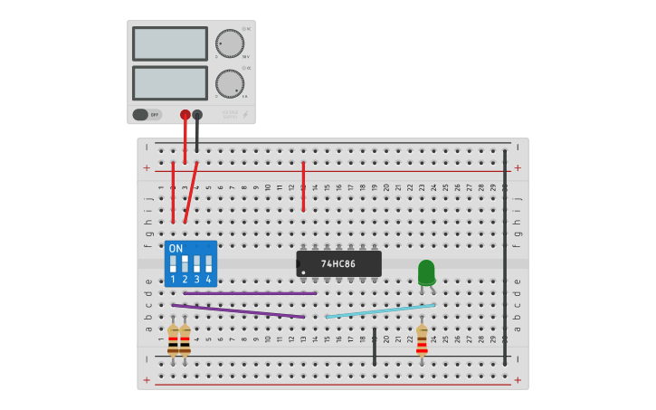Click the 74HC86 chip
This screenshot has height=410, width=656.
click(338, 263)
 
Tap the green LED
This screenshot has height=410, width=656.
click(426, 272)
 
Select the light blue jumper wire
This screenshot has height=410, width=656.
click(380, 310)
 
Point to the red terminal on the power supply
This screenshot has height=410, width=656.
click(185, 115)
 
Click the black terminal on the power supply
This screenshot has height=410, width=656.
click(197, 115)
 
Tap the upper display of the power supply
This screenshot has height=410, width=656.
click(170, 43)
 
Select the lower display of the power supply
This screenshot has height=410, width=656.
click(170, 83)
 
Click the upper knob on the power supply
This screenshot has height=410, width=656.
click(230, 43)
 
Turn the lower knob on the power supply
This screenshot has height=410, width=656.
click(230, 83)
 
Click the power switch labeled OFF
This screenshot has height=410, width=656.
click(146, 115)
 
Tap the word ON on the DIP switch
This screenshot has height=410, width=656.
click(176, 248)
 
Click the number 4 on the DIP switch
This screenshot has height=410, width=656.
click(208, 280)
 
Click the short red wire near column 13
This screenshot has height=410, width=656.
click(303, 186)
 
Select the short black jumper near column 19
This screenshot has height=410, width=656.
click(374, 347)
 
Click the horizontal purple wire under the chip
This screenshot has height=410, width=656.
click(250, 293)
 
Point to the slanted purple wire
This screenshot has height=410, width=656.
click(237, 310)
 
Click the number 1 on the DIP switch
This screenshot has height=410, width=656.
click(173, 280)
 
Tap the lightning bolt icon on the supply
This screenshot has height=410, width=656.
click(244, 115)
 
